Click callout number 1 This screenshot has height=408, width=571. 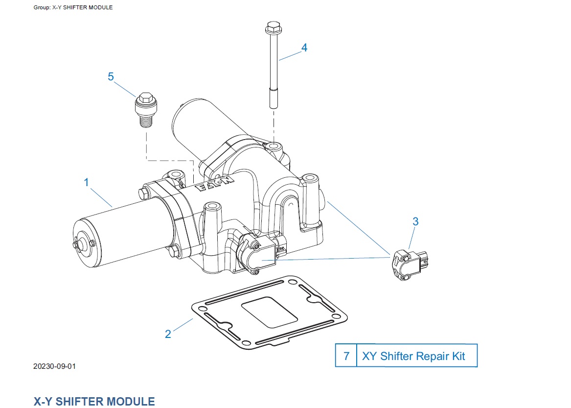[87, 183]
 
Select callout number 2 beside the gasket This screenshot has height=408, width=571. [168, 334]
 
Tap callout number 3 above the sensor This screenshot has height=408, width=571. [415, 221]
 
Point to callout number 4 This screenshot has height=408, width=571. [304, 48]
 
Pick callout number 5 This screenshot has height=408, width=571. [111, 76]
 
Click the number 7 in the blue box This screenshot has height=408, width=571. [346, 356]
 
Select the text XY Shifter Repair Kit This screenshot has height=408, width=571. [413, 356]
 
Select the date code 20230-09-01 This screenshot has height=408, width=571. [55, 366]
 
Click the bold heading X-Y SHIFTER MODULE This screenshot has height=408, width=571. [94, 402]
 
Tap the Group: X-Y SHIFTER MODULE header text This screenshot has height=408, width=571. [73, 7]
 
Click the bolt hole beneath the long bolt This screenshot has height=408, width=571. [274, 146]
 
